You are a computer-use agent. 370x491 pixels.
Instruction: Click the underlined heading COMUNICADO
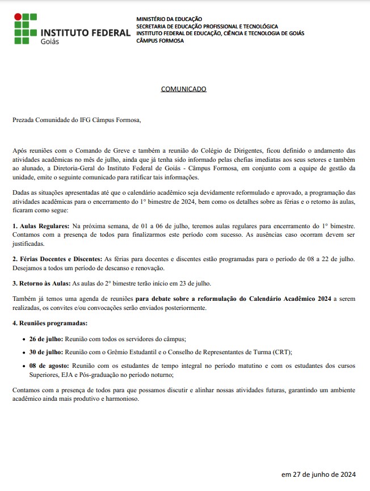183,89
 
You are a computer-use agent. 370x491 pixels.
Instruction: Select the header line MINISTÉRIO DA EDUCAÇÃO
169,19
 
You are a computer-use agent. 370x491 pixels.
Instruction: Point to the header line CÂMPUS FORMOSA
160,40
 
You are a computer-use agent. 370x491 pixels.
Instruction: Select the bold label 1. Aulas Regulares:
41,226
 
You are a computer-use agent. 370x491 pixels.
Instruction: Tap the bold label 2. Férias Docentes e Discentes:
57,259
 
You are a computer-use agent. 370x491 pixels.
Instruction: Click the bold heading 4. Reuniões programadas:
50,323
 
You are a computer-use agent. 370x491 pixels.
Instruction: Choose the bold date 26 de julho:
46,339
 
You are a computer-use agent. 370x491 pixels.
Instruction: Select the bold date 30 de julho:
46,352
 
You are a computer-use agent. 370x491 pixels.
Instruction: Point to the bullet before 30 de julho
23,352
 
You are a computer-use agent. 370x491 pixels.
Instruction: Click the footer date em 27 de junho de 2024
318,475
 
